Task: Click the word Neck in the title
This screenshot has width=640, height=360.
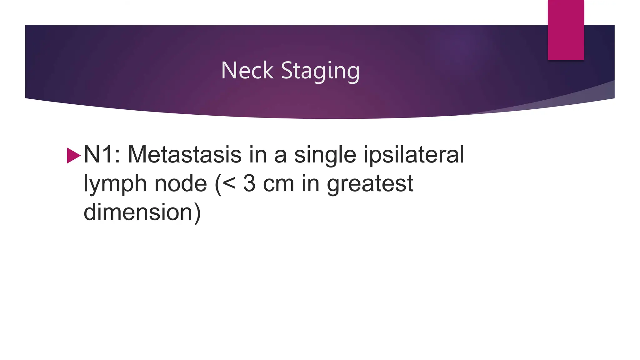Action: [247, 70]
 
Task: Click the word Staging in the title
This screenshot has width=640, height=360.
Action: [320, 71]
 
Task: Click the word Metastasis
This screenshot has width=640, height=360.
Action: [185, 154]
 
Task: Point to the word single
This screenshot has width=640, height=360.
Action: [325, 155]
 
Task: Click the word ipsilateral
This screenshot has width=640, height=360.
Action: [414, 154]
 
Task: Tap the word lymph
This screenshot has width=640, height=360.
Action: [115, 184]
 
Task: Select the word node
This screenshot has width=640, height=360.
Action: [181, 183]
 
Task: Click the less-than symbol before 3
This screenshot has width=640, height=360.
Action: [229, 183]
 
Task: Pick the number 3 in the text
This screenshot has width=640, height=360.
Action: [249, 183]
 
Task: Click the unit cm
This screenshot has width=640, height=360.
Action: [278, 184]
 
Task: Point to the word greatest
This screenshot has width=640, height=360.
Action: [370, 184]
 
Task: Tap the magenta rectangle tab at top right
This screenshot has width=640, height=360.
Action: [566, 30]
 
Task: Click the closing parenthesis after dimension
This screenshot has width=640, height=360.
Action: [197, 213]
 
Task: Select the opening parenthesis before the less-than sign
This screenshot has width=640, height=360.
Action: [218, 184]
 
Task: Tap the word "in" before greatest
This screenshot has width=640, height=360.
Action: [311, 183]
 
